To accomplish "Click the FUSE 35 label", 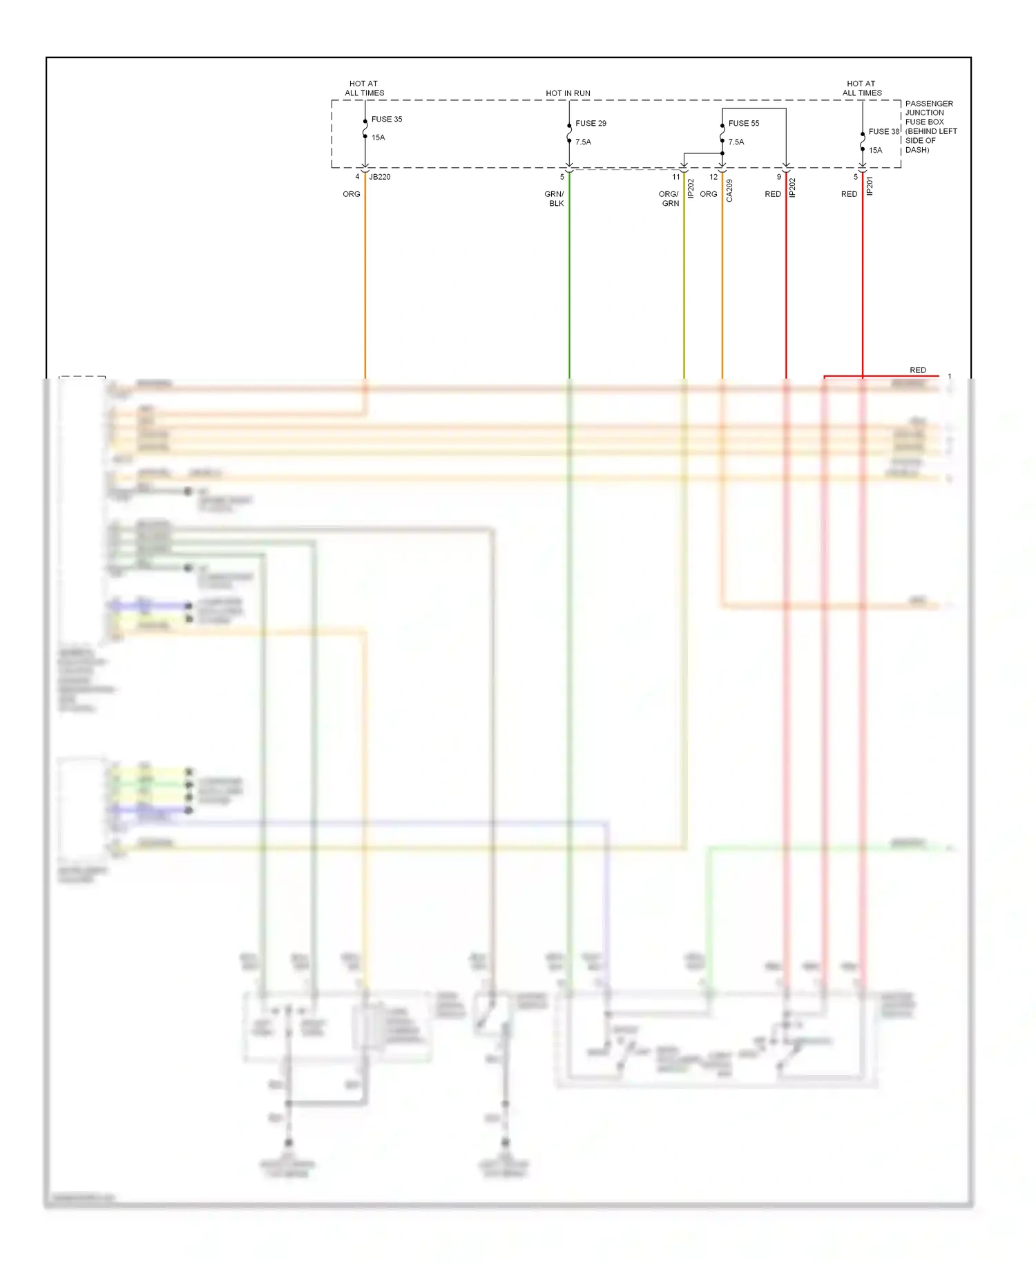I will click(x=386, y=119).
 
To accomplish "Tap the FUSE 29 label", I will click(x=591, y=123).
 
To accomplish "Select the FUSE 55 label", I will click(x=743, y=123).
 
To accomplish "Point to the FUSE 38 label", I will click(x=883, y=131).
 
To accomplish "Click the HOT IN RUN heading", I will click(x=568, y=93).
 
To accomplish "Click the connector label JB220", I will click(x=380, y=177).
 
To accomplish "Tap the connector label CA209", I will click(x=729, y=191).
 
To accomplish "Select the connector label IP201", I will click(x=870, y=186).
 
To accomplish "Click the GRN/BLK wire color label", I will click(x=555, y=199).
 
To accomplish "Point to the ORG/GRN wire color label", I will click(x=669, y=199).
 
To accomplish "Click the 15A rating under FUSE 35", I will click(x=378, y=137).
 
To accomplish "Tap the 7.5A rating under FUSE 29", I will click(x=583, y=142).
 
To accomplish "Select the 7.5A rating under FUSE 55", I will click(x=736, y=142).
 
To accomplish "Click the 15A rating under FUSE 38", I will click(x=875, y=150).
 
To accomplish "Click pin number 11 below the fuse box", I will click(x=675, y=177).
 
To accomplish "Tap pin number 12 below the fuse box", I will click(x=713, y=177).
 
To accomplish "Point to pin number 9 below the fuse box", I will click(x=778, y=177).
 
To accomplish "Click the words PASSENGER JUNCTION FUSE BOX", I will click(x=928, y=113).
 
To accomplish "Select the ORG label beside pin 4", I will click(x=351, y=194).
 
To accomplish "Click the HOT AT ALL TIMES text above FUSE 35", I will click(x=364, y=88).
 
